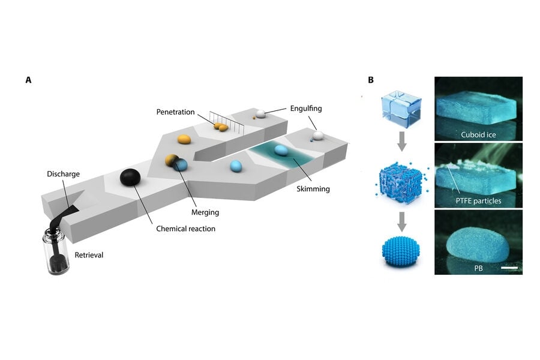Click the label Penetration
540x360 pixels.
(x=175, y=112)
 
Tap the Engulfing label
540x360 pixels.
(x=306, y=109)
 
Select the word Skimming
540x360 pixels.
(x=313, y=189)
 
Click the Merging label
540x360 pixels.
(x=205, y=212)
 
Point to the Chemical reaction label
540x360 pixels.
(x=185, y=229)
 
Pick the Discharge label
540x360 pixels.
(x=63, y=174)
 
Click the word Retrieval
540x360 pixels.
(x=89, y=255)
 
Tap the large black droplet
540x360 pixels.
(x=130, y=178)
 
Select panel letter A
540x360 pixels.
(x=28, y=80)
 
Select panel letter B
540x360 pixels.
(x=371, y=80)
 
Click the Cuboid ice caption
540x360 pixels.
(x=478, y=134)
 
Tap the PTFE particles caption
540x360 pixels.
(x=478, y=201)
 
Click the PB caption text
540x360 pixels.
(x=478, y=268)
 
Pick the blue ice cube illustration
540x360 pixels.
(x=401, y=109)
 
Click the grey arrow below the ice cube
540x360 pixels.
(x=401, y=141)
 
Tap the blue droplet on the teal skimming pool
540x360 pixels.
(x=281, y=150)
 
